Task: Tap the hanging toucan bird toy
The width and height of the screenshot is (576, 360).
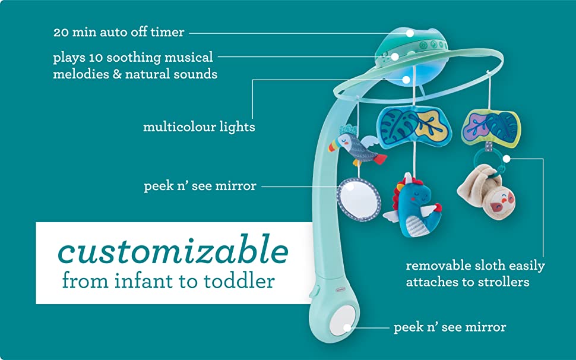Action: tap(356, 147)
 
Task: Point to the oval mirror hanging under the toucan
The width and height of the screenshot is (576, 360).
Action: tap(359, 199)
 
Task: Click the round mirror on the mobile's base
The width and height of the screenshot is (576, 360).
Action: tap(343, 320)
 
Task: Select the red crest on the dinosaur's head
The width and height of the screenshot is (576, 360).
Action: tap(400, 192)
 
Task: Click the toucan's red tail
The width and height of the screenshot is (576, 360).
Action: tap(379, 159)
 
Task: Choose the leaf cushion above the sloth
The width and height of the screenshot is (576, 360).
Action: tap(491, 127)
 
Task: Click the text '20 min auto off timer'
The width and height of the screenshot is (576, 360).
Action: tap(119, 32)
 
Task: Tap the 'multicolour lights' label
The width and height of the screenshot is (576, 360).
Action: tap(199, 127)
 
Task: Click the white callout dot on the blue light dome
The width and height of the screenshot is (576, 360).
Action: tap(406, 80)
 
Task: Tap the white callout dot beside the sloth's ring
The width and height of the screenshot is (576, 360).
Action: tap(507, 159)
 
